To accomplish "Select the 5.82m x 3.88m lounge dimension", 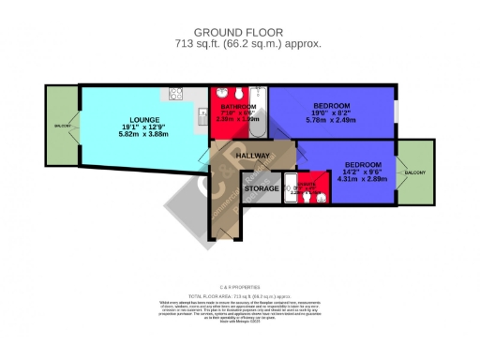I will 131,135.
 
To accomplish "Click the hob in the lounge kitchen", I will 174,94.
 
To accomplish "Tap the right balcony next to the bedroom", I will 415,173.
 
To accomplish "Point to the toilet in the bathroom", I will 239,94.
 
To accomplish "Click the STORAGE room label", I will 261,188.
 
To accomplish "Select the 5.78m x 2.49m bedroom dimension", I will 332,120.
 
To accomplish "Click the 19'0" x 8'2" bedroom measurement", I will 332,112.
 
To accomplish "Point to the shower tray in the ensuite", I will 292,188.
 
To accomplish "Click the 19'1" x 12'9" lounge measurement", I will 131,127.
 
